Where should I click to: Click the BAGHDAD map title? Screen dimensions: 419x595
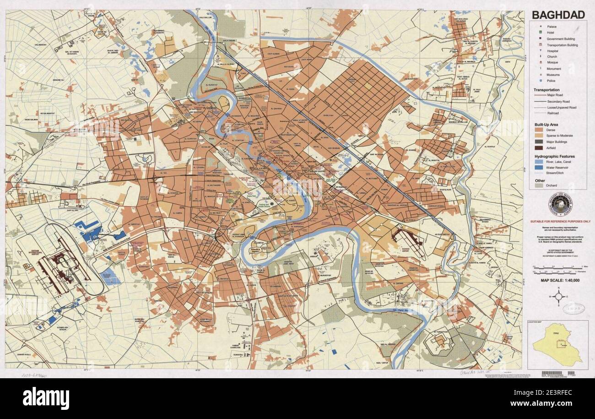[x=557, y=15]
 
